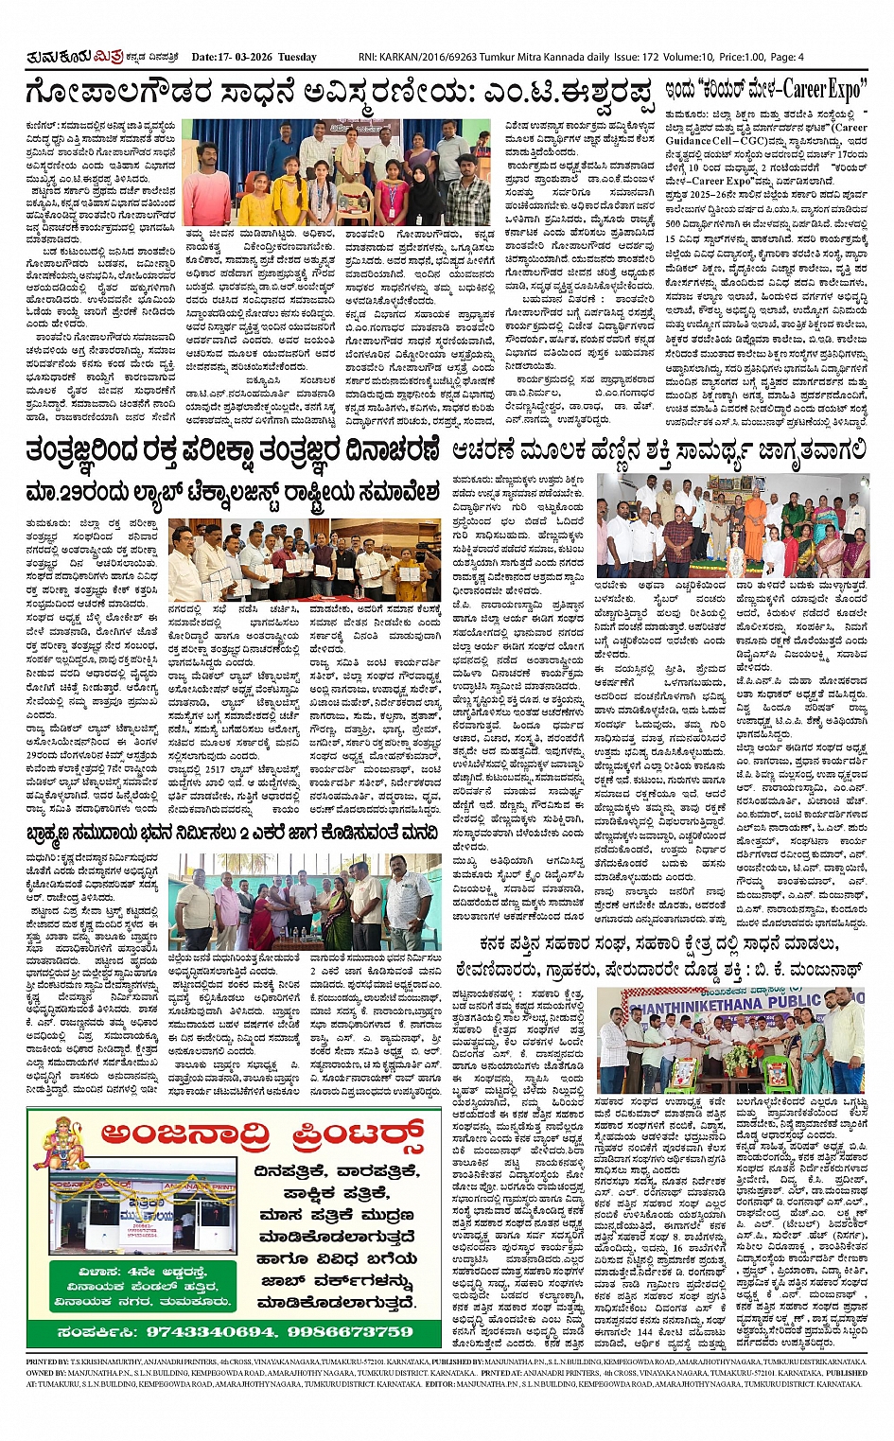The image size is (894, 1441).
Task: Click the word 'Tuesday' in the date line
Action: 298,57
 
